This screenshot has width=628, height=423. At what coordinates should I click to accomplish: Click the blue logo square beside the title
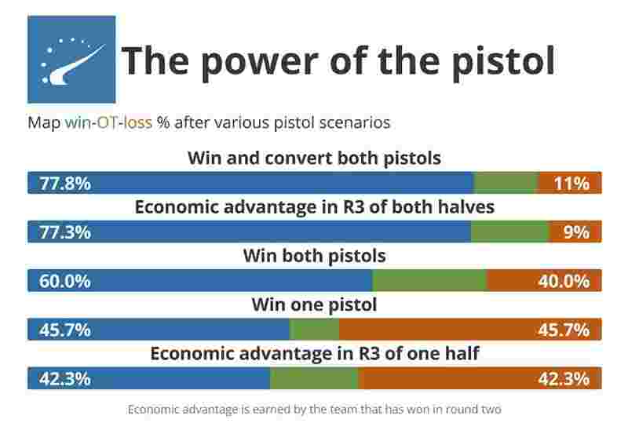point(71,60)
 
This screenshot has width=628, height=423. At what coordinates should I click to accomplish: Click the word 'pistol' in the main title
point(503,61)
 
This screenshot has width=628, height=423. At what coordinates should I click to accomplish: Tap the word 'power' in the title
point(260,61)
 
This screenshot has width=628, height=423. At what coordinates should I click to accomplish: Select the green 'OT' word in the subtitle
point(107,122)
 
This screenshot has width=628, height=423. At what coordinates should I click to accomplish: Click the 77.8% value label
point(65,184)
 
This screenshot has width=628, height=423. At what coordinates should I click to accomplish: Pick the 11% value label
point(571,184)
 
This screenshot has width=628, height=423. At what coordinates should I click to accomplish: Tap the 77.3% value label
point(65,232)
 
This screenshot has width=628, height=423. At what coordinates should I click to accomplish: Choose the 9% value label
point(576,232)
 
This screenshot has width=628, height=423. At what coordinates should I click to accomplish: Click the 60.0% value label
point(65,281)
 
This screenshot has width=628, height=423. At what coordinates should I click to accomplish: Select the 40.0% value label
point(564,281)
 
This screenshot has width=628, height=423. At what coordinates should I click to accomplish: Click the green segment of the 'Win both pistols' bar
point(429,280)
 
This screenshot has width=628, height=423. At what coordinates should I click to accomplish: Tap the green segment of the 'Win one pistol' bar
point(314,330)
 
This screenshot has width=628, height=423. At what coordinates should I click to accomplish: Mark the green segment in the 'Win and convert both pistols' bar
point(506,183)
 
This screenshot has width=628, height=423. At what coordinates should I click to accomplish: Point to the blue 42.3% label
point(65,379)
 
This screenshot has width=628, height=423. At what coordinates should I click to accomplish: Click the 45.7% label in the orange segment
point(564,330)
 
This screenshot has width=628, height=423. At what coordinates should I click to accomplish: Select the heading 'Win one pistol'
point(315,304)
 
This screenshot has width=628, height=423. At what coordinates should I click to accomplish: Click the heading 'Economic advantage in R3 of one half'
point(315,354)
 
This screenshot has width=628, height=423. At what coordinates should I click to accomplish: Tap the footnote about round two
point(315,410)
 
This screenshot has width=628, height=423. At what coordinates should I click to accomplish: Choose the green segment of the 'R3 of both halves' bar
point(509,232)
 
